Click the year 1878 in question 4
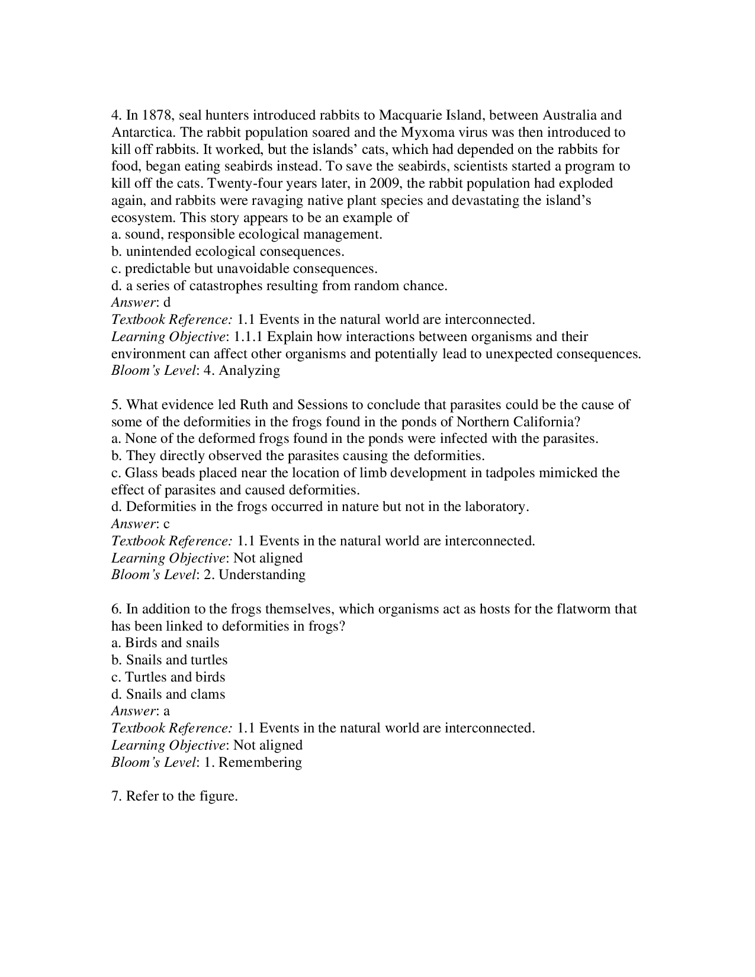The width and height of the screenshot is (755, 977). tap(157, 115)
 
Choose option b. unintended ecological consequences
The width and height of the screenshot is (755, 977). tap(228, 251)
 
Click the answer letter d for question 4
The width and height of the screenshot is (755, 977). tap(167, 303)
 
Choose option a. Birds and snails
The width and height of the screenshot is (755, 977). tap(165, 643)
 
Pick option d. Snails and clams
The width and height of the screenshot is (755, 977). tap(168, 694)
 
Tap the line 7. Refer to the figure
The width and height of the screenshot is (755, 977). tap(175, 796)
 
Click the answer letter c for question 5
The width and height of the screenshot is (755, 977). tap(167, 524)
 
